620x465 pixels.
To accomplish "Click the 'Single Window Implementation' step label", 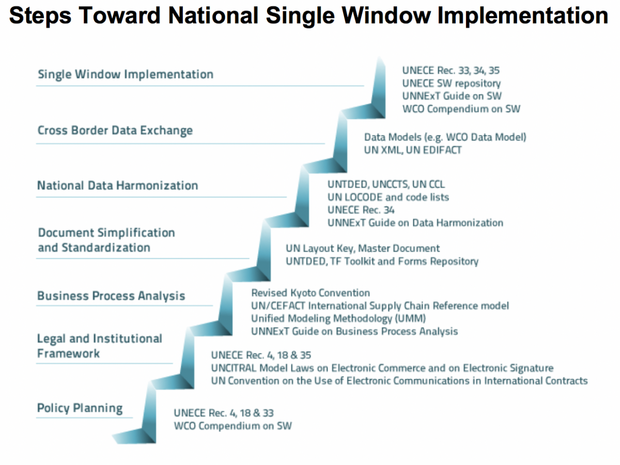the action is pyautogui.click(x=126, y=75).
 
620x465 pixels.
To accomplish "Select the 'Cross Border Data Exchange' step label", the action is pyautogui.click(x=115, y=131).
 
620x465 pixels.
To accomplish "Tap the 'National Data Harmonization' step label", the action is pyautogui.click(x=117, y=186).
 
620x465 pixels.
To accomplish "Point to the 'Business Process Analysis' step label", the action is pyautogui.click(x=111, y=296).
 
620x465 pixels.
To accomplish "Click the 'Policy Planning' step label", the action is pyautogui.click(x=80, y=408).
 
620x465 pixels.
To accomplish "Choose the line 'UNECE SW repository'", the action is pyautogui.click(x=452, y=84).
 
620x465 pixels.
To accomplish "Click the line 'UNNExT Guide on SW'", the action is pyautogui.click(x=452, y=96).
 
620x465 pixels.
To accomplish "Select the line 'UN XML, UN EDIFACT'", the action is pyautogui.click(x=413, y=150).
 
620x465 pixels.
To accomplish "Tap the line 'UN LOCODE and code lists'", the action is pyautogui.click(x=388, y=197).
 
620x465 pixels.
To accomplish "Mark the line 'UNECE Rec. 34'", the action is pyautogui.click(x=361, y=210).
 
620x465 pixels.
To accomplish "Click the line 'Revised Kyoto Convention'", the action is pyautogui.click(x=311, y=293).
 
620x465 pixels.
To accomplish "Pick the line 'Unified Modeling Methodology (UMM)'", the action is pyautogui.click(x=338, y=319).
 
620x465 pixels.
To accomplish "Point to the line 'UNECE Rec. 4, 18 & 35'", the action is pyautogui.click(x=261, y=355).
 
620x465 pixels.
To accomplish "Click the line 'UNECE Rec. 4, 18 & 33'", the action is pyautogui.click(x=224, y=413).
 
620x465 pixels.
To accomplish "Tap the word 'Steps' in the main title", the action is pyautogui.click(x=40, y=17).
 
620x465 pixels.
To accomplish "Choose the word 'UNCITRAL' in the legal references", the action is pyautogui.click(x=234, y=368).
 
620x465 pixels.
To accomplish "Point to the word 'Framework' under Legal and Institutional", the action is pyautogui.click(x=68, y=354).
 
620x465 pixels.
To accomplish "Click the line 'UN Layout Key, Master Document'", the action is pyautogui.click(x=363, y=249).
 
